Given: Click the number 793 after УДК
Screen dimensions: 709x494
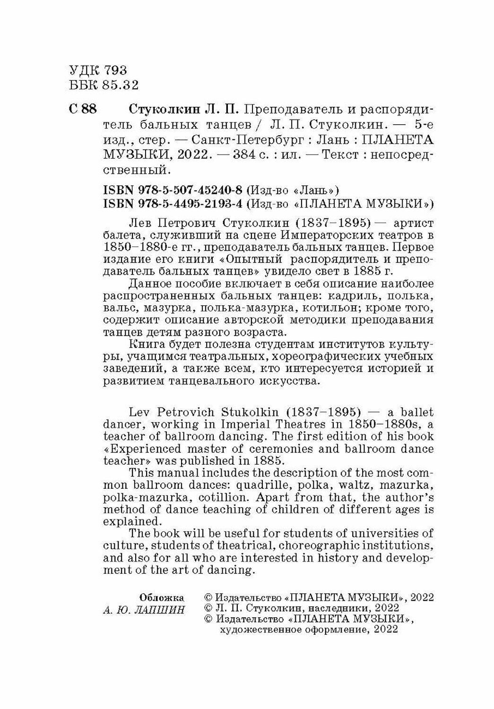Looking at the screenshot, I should coord(114,70).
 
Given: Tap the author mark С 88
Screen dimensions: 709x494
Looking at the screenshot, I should coord(83,110).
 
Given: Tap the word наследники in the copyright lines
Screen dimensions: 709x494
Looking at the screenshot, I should coord(326,608).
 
